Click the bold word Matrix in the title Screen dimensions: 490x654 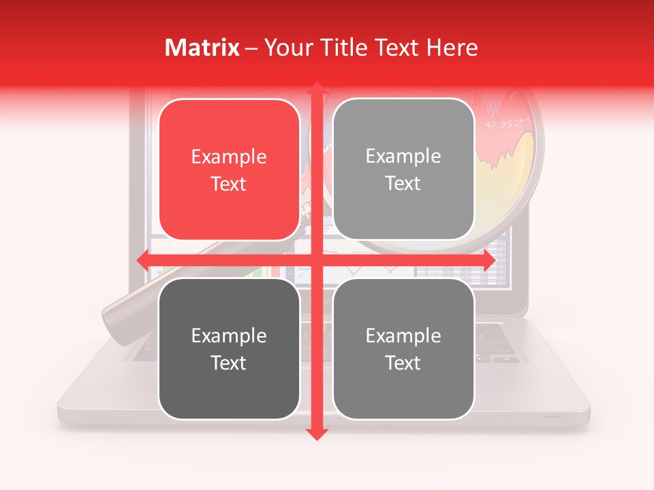[202, 48]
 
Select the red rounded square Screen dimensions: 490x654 [229, 170]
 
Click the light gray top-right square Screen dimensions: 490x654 [403, 169]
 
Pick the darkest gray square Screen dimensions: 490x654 [229, 348]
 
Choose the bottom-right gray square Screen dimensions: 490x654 [403, 348]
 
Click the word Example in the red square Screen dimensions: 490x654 [229, 157]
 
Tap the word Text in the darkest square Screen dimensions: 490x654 [229, 363]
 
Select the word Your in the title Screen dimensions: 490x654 [286, 48]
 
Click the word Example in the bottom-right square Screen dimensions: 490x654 [403, 336]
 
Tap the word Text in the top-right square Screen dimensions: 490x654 [403, 183]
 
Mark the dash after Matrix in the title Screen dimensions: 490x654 [251, 48]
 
